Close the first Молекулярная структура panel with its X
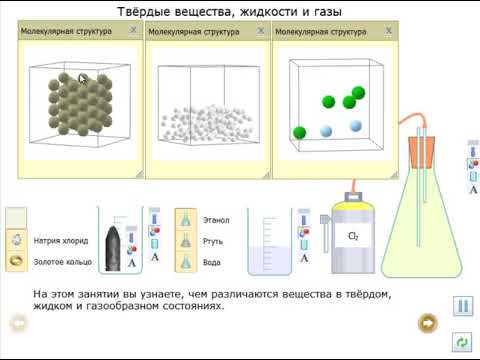tap(133, 32)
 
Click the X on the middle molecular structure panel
tap(260, 32)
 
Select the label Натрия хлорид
tap(62, 241)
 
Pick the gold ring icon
tap(17, 260)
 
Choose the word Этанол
tap(216, 219)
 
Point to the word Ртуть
tap(213, 241)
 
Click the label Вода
tap(212, 262)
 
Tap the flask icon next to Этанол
tap(184, 219)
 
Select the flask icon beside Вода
tap(184, 261)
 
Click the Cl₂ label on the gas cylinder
tap(353, 237)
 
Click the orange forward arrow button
tap(428, 322)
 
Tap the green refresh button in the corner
tap(462, 342)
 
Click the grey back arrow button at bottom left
tap(17, 323)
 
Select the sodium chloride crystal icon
tap(17, 240)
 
